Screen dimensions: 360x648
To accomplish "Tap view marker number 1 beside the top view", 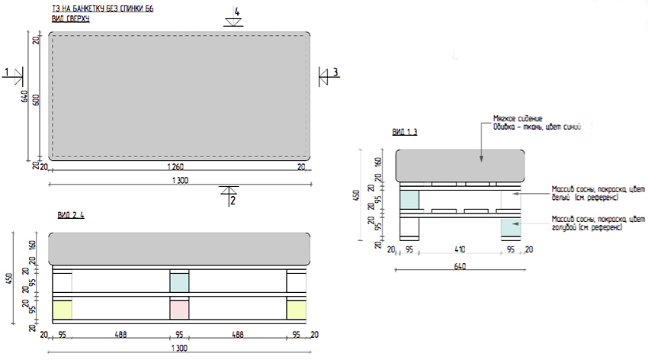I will click(x=8, y=72).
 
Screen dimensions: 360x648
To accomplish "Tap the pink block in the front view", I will click(x=179, y=309).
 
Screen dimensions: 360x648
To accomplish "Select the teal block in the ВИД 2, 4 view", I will click(x=179, y=281).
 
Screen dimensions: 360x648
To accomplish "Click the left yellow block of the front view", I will click(x=62, y=309).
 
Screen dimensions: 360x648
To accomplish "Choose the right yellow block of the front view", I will click(x=297, y=309).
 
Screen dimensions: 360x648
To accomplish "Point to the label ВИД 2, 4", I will click(x=70, y=215).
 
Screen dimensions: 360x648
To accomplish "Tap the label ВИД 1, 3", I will click(x=405, y=132).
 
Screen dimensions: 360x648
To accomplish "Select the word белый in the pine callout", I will click(x=561, y=198).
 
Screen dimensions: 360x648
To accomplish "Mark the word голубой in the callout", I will click(x=565, y=227).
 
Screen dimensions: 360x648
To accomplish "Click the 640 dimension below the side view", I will click(x=459, y=266).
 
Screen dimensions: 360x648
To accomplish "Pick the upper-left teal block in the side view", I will click(x=409, y=199).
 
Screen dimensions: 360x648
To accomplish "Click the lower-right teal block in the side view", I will click(x=509, y=227).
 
